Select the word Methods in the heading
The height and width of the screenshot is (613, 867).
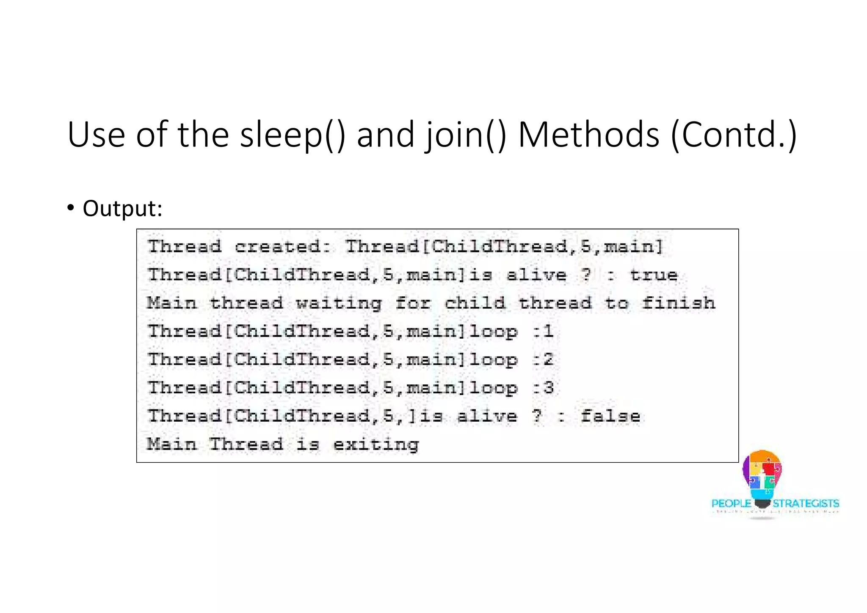click(588, 135)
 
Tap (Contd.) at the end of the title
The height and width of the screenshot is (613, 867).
click(734, 135)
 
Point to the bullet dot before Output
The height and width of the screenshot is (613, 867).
click(71, 208)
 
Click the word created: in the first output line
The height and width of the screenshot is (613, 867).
click(283, 246)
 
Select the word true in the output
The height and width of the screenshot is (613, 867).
click(654, 275)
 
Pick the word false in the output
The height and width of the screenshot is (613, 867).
click(610, 416)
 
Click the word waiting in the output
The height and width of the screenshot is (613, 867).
click(339, 304)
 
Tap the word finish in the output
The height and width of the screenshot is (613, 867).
click(678, 303)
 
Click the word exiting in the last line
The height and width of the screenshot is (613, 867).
click(376, 445)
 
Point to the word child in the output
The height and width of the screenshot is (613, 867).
click(475, 303)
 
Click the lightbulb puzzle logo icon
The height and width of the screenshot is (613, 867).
click(762, 476)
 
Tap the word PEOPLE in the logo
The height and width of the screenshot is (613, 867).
click(731, 503)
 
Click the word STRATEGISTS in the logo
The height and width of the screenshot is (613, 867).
click(806, 503)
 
